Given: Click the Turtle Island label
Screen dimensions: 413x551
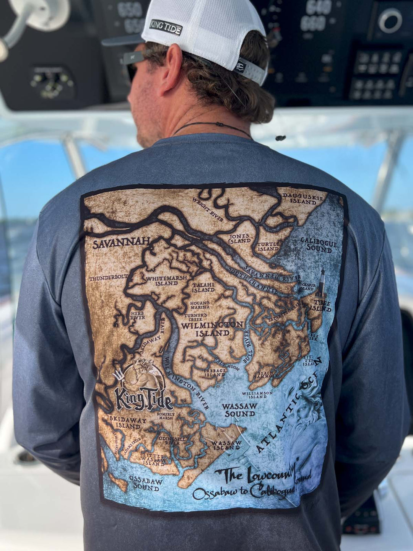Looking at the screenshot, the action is (x=268, y=246).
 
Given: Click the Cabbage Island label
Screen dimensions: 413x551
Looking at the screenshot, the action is (x=215, y=373).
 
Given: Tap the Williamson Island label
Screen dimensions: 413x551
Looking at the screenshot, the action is (x=257, y=395).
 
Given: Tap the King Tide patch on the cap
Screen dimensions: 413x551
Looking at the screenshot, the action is (x=166, y=27).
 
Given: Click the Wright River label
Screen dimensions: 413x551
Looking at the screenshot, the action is (x=208, y=210).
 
